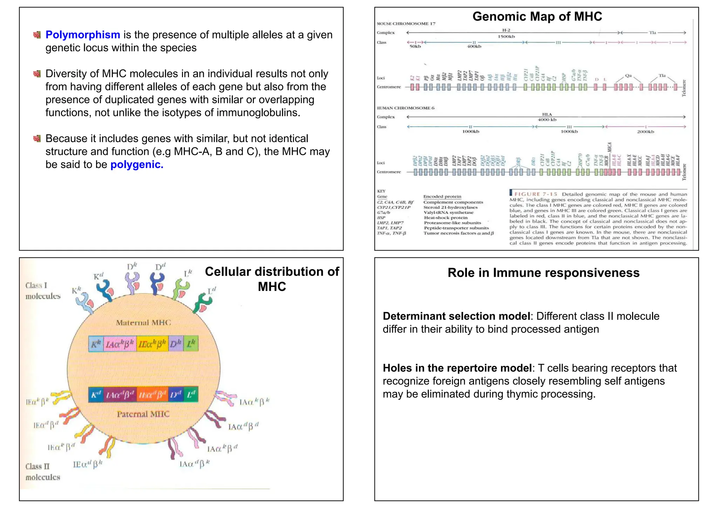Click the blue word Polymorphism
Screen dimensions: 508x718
(83, 35)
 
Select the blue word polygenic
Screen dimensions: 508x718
(137, 165)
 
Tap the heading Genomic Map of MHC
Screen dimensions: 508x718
(537, 16)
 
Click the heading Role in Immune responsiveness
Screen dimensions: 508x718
(543, 273)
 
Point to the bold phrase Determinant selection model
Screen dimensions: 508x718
(456, 316)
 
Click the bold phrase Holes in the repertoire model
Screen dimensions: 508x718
(457, 368)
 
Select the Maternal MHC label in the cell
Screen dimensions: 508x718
(143, 322)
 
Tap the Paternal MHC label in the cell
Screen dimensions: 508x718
(143, 414)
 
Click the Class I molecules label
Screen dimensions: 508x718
(43, 291)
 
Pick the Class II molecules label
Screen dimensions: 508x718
(43, 472)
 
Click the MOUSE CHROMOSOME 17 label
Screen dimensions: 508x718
(406, 24)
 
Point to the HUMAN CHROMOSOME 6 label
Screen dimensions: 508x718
(406, 108)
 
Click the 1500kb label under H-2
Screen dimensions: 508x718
(506, 36)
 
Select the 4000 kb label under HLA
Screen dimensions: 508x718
(547, 120)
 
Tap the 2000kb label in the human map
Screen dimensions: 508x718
(645, 132)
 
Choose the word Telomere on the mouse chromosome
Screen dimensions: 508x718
(684, 88)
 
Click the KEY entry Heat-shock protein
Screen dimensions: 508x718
(446, 218)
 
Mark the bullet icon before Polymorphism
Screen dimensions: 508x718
(37, 35)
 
